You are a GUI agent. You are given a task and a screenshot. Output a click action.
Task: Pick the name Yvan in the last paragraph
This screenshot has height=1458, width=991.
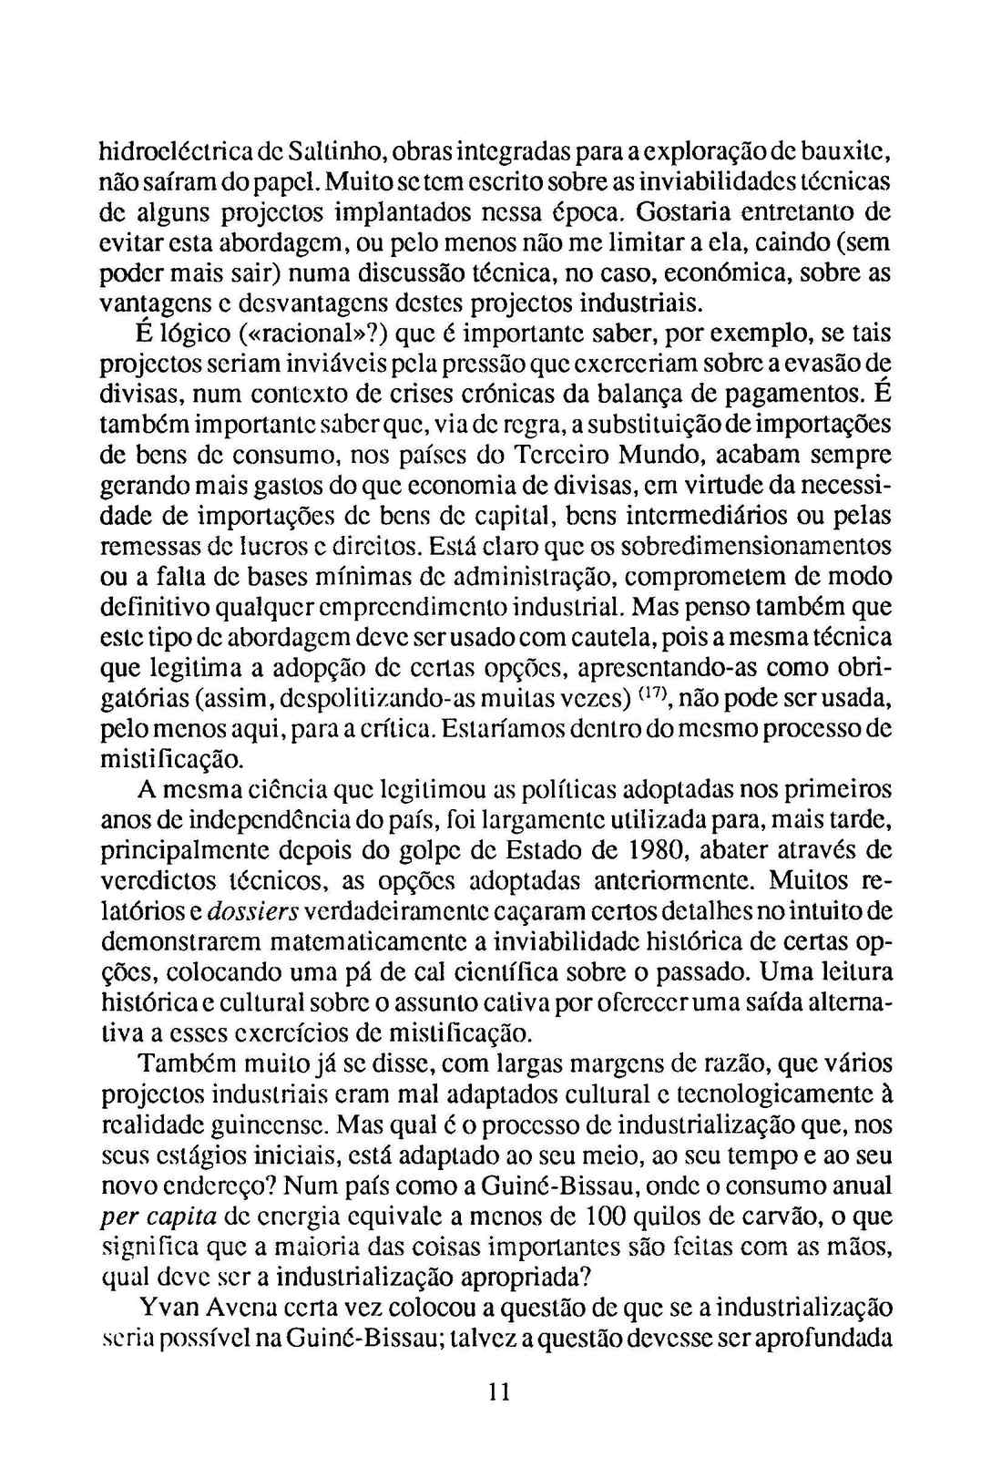[166, 1308]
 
